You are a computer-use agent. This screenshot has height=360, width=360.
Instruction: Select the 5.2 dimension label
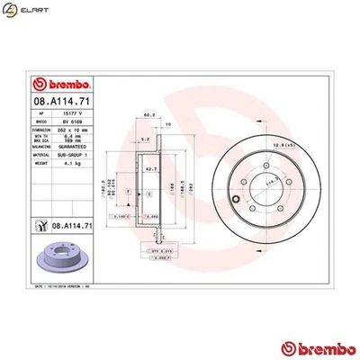(x=146, y=141)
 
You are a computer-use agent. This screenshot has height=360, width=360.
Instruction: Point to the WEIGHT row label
(x=44, y=163)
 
